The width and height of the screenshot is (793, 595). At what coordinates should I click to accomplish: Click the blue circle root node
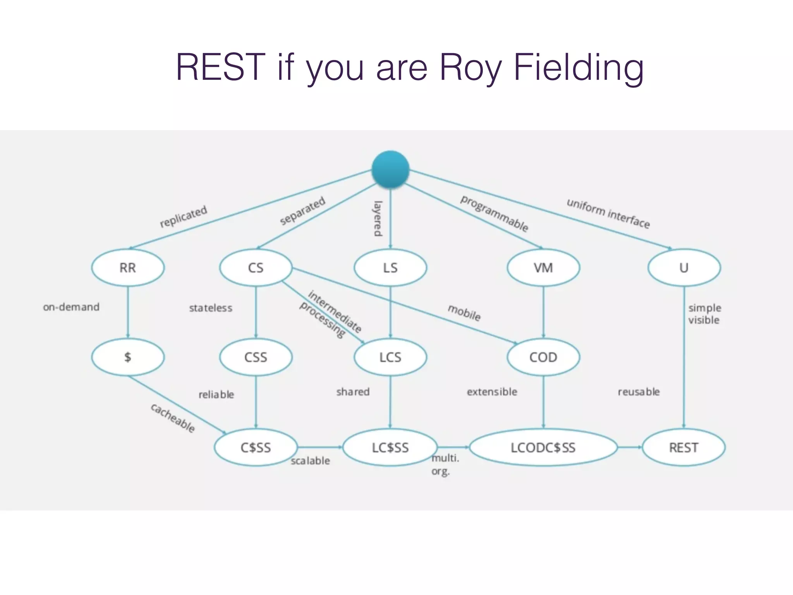coord(390,169)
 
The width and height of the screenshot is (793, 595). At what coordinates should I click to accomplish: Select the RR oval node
coord(128,268)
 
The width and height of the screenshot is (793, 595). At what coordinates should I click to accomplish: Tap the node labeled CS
coord(256,268)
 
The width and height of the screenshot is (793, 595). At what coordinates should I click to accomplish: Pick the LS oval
coord(390,268)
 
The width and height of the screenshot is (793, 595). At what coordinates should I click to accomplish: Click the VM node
coord(543,268)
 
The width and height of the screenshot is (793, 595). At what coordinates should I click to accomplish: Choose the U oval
coord(684,268)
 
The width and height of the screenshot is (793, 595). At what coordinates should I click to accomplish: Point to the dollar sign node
coord(128,357)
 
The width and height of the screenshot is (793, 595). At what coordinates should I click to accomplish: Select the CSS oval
coord(256,357)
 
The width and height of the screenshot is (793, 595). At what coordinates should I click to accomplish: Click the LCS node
coord(390,357)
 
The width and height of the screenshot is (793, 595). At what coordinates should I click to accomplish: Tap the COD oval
coord(543,357)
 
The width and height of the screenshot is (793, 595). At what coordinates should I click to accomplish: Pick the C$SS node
coord(256,447)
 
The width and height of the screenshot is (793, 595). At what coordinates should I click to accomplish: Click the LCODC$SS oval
coord(543,447)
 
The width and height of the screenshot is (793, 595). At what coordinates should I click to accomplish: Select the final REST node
coord(684,447)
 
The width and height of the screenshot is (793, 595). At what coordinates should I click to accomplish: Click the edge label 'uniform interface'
coord(608,213)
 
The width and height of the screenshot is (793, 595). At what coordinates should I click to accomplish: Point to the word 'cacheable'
coord(173,418)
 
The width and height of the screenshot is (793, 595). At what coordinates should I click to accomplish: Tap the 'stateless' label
coord(211,308)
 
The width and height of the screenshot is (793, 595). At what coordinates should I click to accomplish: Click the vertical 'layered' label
coord(378,218)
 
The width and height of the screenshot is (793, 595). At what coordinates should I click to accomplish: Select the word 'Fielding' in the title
coord(578,67)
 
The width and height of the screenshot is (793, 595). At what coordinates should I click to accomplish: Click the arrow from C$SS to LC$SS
coord(320,447)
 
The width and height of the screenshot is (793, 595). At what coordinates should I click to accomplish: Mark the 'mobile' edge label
coord(464,313)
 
